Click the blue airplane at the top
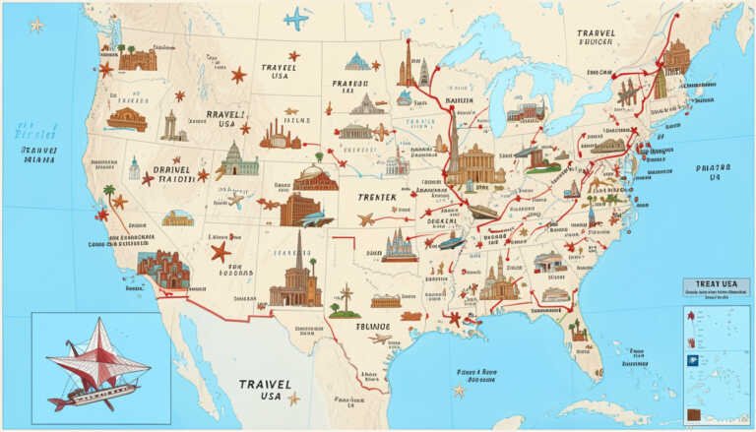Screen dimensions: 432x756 pyautogui.click(x=295, y=18)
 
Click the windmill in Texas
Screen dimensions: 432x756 pyautogui.click(x=346, y=296)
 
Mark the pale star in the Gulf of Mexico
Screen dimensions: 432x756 pyautogui.click(x=459, y=391)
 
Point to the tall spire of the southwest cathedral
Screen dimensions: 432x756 pyautogui.click(x=298, y=246)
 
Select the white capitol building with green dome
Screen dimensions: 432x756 pyautogui.click(x=236, y=159)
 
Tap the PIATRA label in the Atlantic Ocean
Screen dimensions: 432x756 pyautogui.click(x=711, y=173)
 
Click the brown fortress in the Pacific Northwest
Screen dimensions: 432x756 pyautogui.click(x=137, y=59)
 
